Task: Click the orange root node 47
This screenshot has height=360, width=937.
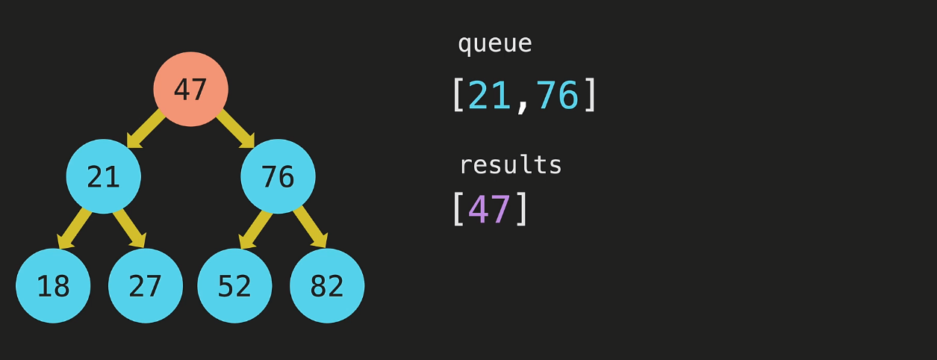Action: (x=190, y=89)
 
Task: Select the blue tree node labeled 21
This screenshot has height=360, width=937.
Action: (x=103, y=176)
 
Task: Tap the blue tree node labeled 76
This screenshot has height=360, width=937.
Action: (x=278, y=176)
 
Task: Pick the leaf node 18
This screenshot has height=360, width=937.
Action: (x=53, y=285)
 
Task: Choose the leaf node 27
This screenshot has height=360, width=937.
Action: (x=146, y=285)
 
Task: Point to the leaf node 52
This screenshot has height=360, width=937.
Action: (x=234, y=285)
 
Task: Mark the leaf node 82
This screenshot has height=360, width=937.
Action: (x=327, y=285)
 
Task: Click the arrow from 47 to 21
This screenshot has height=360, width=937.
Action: (x=146, y=128)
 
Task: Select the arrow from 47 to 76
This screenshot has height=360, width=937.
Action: (x=235, y=128)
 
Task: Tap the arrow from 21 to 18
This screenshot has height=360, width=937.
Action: (x=74, y=229)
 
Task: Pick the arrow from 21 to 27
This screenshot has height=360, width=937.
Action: (x=129, y=229)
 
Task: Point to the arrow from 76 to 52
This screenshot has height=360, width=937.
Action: (x=255, y=229)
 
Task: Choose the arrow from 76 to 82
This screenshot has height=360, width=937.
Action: (x=311, y=229)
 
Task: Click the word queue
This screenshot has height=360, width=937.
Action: (x=494, y=44)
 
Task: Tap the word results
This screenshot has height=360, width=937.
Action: (x=510, y=164)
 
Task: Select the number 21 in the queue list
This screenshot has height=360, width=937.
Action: (x=490, y=96)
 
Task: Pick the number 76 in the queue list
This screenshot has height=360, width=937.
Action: (x=557, y=96)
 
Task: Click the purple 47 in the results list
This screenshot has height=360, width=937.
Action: (x=490, y=209)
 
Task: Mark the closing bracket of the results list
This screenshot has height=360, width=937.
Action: (x=522, y=209)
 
